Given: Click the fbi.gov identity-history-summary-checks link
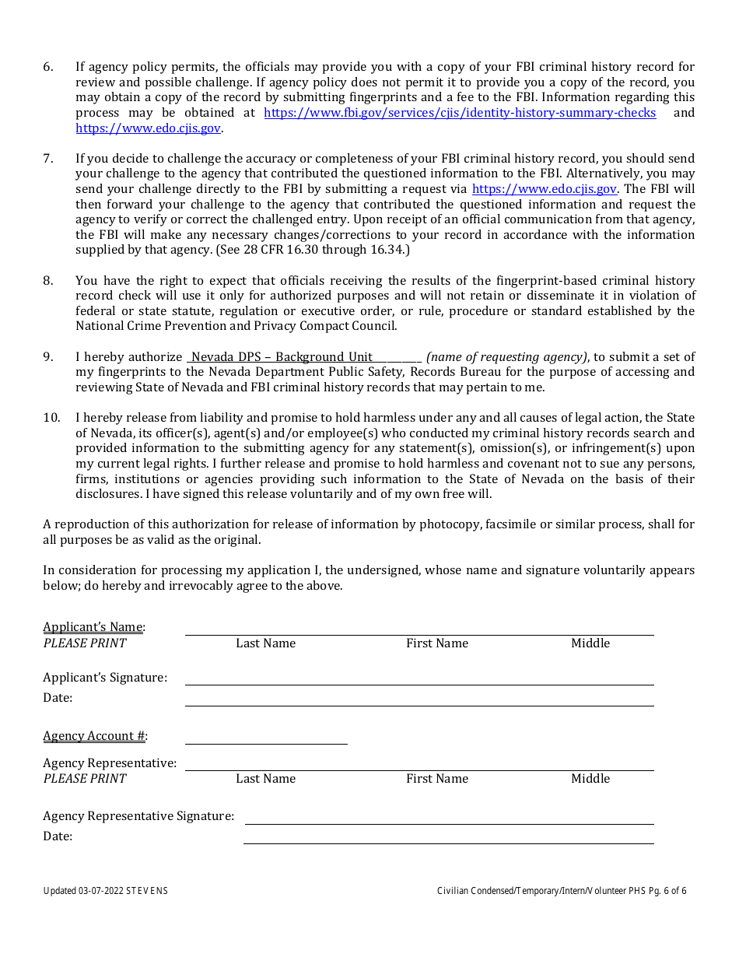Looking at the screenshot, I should (460, 113).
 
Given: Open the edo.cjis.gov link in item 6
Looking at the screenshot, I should (148, 128).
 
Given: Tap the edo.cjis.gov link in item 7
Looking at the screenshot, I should (545, 189).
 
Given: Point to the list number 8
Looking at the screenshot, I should (48, 281).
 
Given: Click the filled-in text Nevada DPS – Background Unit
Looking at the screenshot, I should (282, 357).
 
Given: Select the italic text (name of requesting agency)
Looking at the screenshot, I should (506, 357).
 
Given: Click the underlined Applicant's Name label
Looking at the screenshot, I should (93, 627).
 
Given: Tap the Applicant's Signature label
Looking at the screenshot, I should (105, 678).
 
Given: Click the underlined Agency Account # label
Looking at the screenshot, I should (94, 736).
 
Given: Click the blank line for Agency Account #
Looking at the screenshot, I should (266, 738).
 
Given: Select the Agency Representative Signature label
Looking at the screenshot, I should (138, 816).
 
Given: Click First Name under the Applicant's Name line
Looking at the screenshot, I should (437, 643).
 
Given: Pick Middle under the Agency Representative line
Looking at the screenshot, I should (590, 779).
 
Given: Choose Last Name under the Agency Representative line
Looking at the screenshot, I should (266, 779).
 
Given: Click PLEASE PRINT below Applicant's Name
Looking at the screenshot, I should (84, 643).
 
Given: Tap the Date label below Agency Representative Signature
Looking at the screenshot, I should (58, 836).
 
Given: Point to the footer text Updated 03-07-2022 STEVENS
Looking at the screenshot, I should (105, 891).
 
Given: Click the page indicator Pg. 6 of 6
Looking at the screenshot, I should (666, 891).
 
